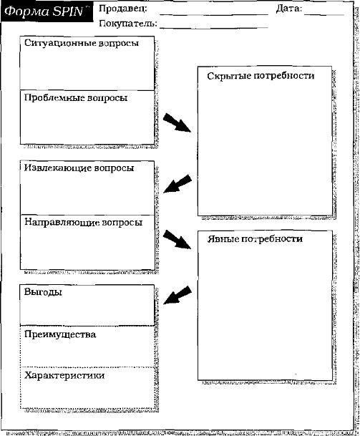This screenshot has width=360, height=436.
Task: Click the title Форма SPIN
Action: (x=44, y=11)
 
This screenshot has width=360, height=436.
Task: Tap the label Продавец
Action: (x=123, y=9)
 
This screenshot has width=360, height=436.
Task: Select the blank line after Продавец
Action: (x=214, y=14)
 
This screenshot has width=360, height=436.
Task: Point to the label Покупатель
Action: (x=128, y=24)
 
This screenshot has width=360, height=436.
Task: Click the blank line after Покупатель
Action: (x=214, y=27)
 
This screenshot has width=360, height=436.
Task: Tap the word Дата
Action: (x=289, y=9)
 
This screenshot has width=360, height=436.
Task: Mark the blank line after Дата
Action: (x=324, y=14)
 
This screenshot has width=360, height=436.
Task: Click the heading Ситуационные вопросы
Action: (x=82, y=44)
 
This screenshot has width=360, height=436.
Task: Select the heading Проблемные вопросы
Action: (x=76, y=98)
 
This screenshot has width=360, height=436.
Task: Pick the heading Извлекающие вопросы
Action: (x=79, y=168)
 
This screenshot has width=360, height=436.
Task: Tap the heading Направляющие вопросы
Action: (x=84, y=223)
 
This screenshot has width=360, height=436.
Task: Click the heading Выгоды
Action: (x=43, y=292)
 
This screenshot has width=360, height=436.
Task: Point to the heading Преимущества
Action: (x=60, y=334)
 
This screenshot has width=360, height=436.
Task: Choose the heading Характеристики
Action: (x=64, y=375)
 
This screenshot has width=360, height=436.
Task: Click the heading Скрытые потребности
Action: (x=261, y=76)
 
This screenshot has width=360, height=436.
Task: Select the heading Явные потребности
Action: (x=255, y=239)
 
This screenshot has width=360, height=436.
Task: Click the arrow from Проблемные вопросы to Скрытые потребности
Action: (x=177, y=122)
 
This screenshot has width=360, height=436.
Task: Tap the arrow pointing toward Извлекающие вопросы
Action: (x=177, y=184)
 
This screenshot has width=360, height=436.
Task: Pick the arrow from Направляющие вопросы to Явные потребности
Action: (x=177, y=239)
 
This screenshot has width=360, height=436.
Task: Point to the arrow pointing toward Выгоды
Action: (x=177, y=295)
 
